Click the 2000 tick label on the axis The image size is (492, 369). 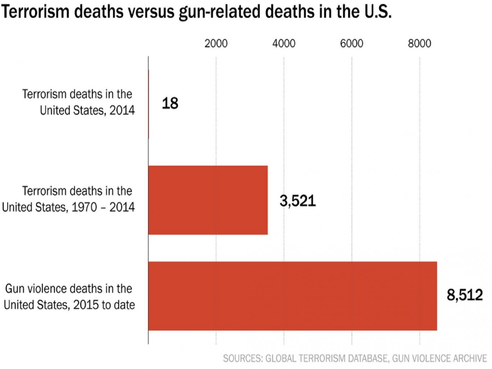click(x=216, y=44)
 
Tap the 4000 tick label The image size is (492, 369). click(x=284, y=44)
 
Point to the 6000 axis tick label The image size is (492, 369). click(x=351, y=44)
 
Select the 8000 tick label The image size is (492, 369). click(x=419, y=44)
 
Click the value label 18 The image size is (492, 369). click(x=170, y=104)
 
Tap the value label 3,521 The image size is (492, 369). click(x=297, y=201)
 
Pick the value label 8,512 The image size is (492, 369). click(x=464, y=295)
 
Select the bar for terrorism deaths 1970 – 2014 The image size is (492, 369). click(x=208, y=200)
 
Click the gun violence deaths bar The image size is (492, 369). click(x=292, y=296)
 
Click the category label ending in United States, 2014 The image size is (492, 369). click(x=87, y=110)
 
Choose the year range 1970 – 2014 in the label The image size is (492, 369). click(x=103, y=207)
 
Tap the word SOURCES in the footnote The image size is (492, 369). click(x=242, y=359)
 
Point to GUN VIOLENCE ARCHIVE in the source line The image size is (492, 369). click(x=439, y=359)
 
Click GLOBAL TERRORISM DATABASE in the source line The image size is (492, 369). click(x=327, y=359)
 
